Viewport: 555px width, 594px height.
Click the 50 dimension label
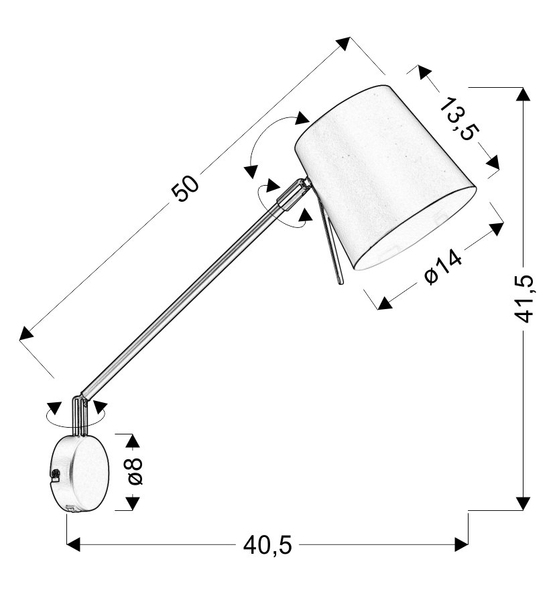185,188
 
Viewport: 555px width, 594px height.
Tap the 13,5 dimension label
460,119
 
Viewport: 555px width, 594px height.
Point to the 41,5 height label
524,299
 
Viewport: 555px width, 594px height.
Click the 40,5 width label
267,546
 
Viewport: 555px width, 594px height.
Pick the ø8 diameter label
135,471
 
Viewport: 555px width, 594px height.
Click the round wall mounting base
80,473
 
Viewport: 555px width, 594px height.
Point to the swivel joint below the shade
294,194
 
